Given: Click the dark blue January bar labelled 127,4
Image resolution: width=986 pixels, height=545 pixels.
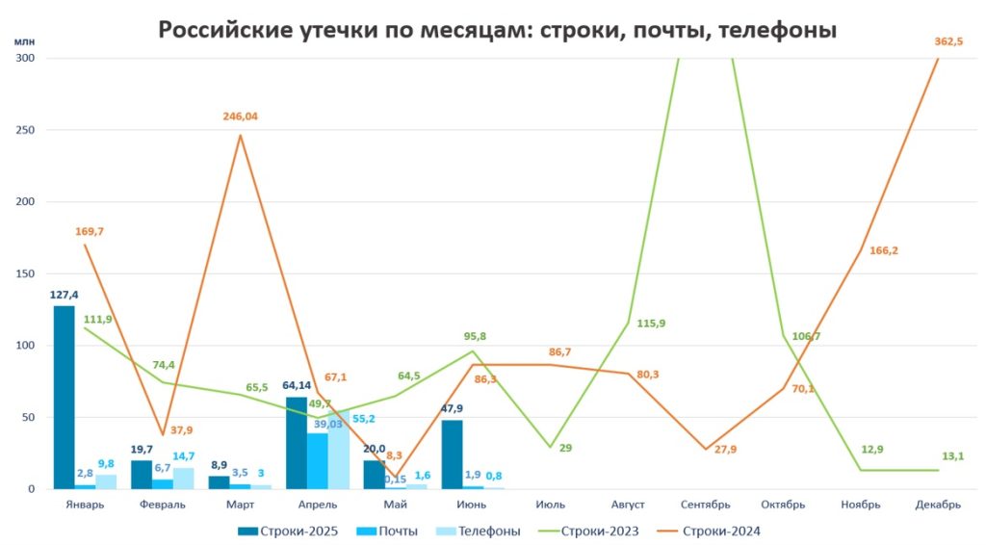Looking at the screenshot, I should (64, 397).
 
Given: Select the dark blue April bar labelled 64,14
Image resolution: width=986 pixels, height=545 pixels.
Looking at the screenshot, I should (297, 443).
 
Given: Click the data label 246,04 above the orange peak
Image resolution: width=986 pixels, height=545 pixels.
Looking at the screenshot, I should (240, 117).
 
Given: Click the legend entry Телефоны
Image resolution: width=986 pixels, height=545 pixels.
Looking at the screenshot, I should (483, 530).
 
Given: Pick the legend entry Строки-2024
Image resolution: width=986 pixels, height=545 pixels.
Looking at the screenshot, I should (721, 530).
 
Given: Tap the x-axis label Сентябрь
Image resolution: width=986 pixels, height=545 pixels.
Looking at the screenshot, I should (705, 504).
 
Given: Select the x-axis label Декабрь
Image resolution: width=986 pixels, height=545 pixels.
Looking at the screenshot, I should (938, 504).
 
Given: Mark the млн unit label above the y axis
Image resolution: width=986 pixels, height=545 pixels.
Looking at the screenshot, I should (23, 42).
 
